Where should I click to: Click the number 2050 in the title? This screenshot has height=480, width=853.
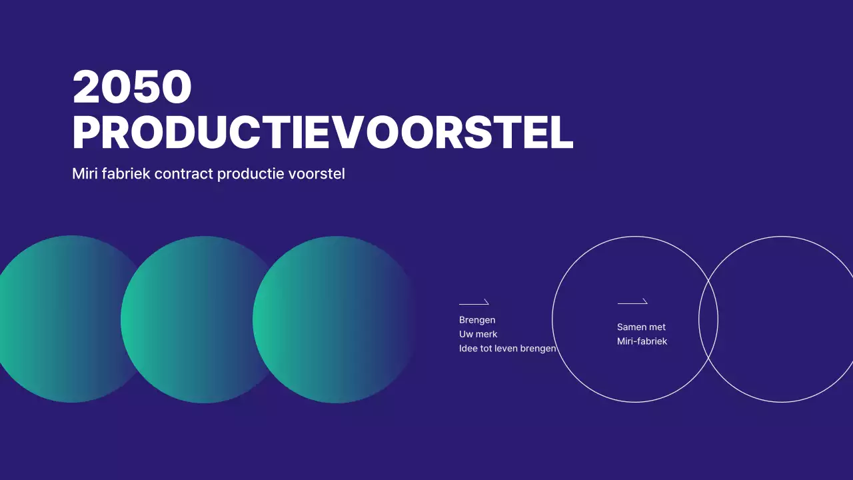(132, 87)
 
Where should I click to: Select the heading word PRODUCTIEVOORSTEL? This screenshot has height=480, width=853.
(323, 133)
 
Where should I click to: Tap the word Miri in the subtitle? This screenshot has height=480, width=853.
(85, 174)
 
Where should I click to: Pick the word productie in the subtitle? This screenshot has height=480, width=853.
(251, 174)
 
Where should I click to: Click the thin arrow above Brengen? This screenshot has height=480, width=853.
(474, 303)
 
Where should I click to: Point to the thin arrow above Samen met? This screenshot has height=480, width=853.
(632, 302)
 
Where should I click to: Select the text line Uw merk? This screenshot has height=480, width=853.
(478, 334)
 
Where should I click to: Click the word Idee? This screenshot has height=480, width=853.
(468, 348)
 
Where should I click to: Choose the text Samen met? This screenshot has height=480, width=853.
(641, 327)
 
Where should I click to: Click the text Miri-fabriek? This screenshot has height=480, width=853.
(642, 341)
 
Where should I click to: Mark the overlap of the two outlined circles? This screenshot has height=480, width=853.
(708, 319)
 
